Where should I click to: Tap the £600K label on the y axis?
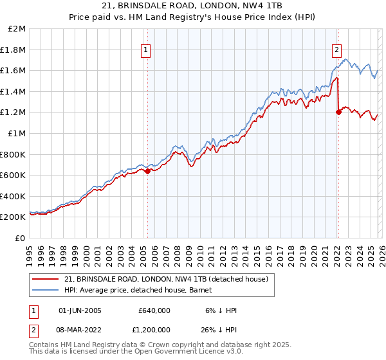click(13, 175)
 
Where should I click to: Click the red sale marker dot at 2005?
click(147, 171)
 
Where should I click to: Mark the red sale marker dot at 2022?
click(338, 113)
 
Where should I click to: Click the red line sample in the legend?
click(45, 278)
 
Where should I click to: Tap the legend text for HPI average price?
click(129, 289)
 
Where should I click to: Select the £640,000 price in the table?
click(154, 310)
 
